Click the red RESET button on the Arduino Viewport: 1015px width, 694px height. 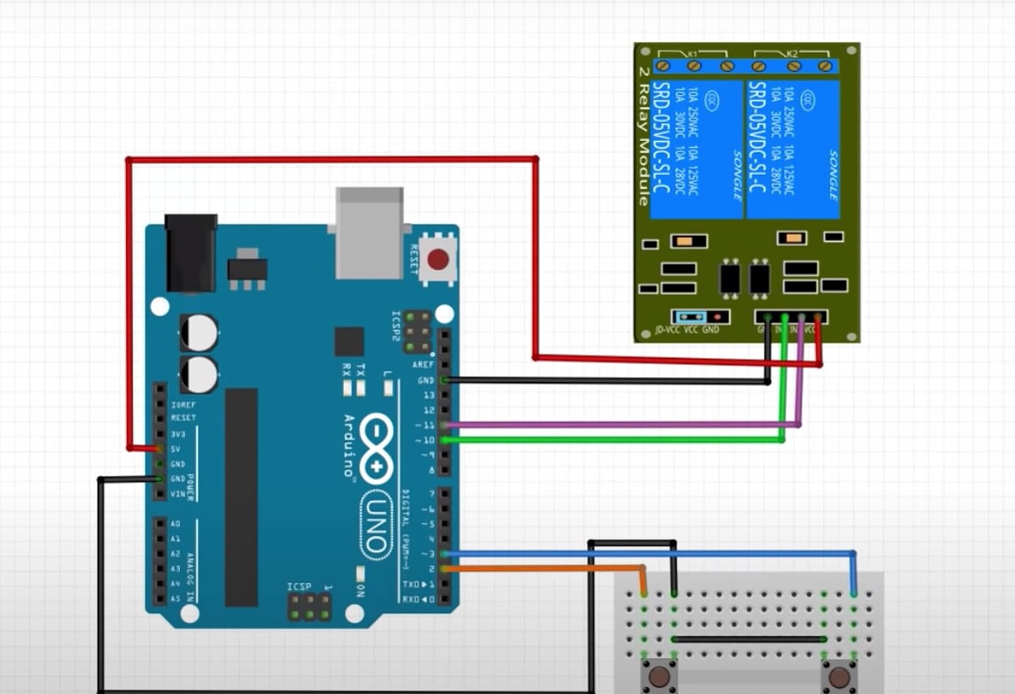(x=438, y=260)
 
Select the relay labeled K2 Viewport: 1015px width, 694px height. (x=793, y=149)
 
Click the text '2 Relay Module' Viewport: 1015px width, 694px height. (x=644, y=136)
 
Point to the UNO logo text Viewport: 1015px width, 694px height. (x=375, y=525)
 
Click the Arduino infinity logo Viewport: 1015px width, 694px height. (x=377, y=448)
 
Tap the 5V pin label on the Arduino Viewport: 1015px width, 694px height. (x=176, y=449)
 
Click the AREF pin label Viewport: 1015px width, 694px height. (x=423, y=365)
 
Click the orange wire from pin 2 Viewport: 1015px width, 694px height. (x=544, y=568)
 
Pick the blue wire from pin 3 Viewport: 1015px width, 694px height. (x=647, y=553)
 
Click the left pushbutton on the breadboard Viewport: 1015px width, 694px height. (x=658, y=677)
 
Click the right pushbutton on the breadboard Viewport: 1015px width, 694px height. (x=838, y=677)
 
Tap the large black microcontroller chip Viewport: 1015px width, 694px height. (x=241, y=497)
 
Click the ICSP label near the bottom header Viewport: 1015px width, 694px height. (x=299, y=587)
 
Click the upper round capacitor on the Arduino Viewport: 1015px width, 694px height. (x=199, y=333)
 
